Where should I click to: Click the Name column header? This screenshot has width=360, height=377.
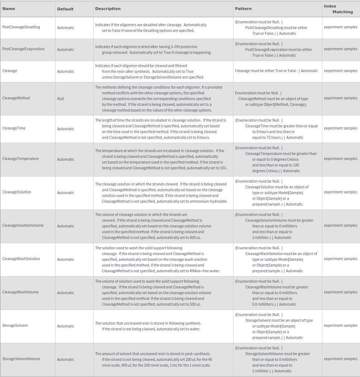9,9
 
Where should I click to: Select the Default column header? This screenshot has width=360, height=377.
65,9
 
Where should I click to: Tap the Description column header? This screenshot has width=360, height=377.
108,9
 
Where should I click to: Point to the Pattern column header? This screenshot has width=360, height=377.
243,9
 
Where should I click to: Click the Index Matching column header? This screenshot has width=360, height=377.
338,9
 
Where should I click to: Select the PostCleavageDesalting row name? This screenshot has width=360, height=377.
21,27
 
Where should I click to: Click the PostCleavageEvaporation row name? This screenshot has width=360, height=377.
23,49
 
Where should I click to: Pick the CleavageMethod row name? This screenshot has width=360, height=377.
16,98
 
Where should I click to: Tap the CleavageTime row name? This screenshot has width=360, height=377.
14,128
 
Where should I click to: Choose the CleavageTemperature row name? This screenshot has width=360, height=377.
20,159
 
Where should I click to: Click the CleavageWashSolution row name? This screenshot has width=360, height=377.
21,259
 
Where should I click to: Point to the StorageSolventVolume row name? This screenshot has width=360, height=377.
21,359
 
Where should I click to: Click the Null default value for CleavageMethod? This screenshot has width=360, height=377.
61,99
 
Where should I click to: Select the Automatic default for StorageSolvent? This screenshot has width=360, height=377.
66,326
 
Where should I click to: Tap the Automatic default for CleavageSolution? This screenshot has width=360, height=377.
66,193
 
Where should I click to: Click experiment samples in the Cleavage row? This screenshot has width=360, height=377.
340,71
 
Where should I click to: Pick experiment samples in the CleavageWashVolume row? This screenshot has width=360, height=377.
340,292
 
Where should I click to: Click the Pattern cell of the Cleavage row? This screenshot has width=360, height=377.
276,71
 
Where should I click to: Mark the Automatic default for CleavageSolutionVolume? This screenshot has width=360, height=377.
66,226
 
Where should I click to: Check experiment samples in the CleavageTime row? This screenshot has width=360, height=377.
340,128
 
